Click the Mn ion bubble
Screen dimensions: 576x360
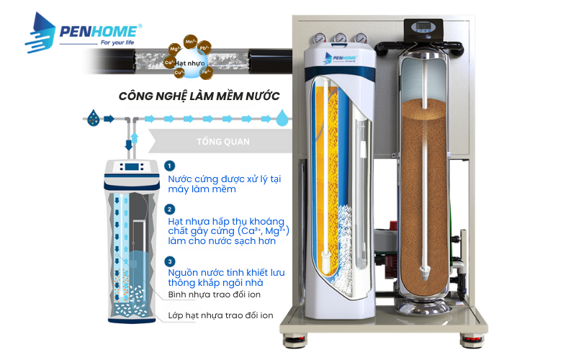tap(191, 43)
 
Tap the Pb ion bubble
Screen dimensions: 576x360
tap(205, 48)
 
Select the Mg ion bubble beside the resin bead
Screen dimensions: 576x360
tap(174, 49)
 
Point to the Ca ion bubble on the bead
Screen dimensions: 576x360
tap(171, 63)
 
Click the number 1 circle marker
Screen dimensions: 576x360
tap(170, 166)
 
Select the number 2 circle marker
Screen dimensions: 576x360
tap(170, 210)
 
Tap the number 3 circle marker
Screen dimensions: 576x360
tap(170, 262)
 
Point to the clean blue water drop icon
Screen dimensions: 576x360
tap(284, 117)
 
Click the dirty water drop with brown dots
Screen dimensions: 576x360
tap(92, 117)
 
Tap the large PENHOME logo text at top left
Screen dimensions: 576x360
tap(99, 32)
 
